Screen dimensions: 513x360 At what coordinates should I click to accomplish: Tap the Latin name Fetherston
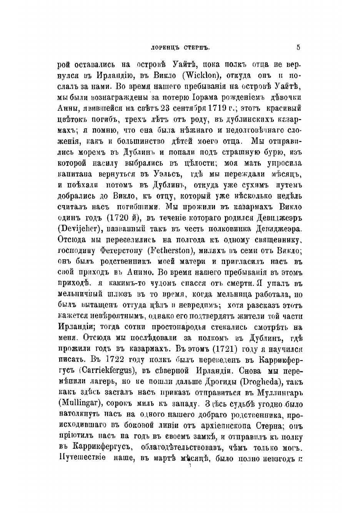[169, 251]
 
